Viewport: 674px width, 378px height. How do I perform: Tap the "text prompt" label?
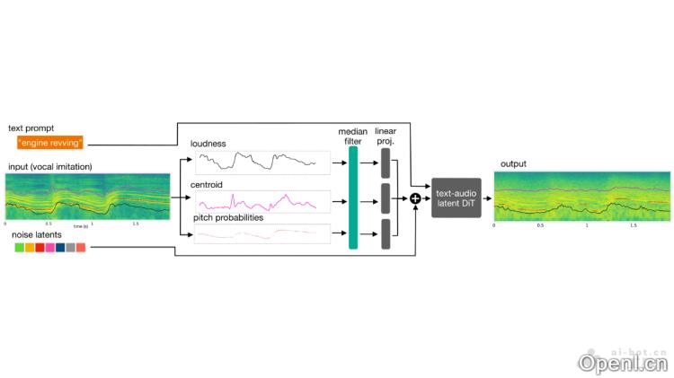coord(30,128)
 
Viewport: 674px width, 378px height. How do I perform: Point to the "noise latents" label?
coord(36,233)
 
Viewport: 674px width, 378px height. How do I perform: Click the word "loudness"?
coord(208,143)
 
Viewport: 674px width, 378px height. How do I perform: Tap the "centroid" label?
coord(207,183)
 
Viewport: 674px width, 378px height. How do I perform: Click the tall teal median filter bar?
coord(352,198)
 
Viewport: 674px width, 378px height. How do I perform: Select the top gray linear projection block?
coord(386,163)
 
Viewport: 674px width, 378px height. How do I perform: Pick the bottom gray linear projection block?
coord(386,233)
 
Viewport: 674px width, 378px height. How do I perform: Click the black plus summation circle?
coord(416,198)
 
